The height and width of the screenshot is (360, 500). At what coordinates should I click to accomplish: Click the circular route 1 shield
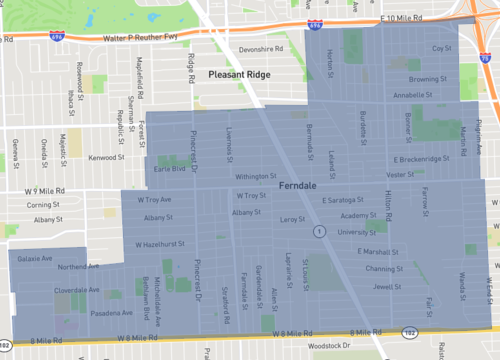pyautogui.click(x=318, y=231)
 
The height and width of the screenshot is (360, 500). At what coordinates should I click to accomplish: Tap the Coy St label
pyautogui.click(x=441, y=48)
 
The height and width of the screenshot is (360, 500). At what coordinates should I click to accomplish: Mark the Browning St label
pyautogui.click(x=427, y=79)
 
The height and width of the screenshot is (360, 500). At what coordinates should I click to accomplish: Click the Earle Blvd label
pyautogui.click(x=170, y=169)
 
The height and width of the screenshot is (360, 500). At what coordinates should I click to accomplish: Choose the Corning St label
pyautogui.click(x=46, y=204)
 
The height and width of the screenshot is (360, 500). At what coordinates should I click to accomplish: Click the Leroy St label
pyautogui.click(x=292, y=218)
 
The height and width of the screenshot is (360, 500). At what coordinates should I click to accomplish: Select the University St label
pyautogui.click(x=357, y=232)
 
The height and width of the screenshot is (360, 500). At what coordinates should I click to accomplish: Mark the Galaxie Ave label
pyautogui.click(x=35, y=258)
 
